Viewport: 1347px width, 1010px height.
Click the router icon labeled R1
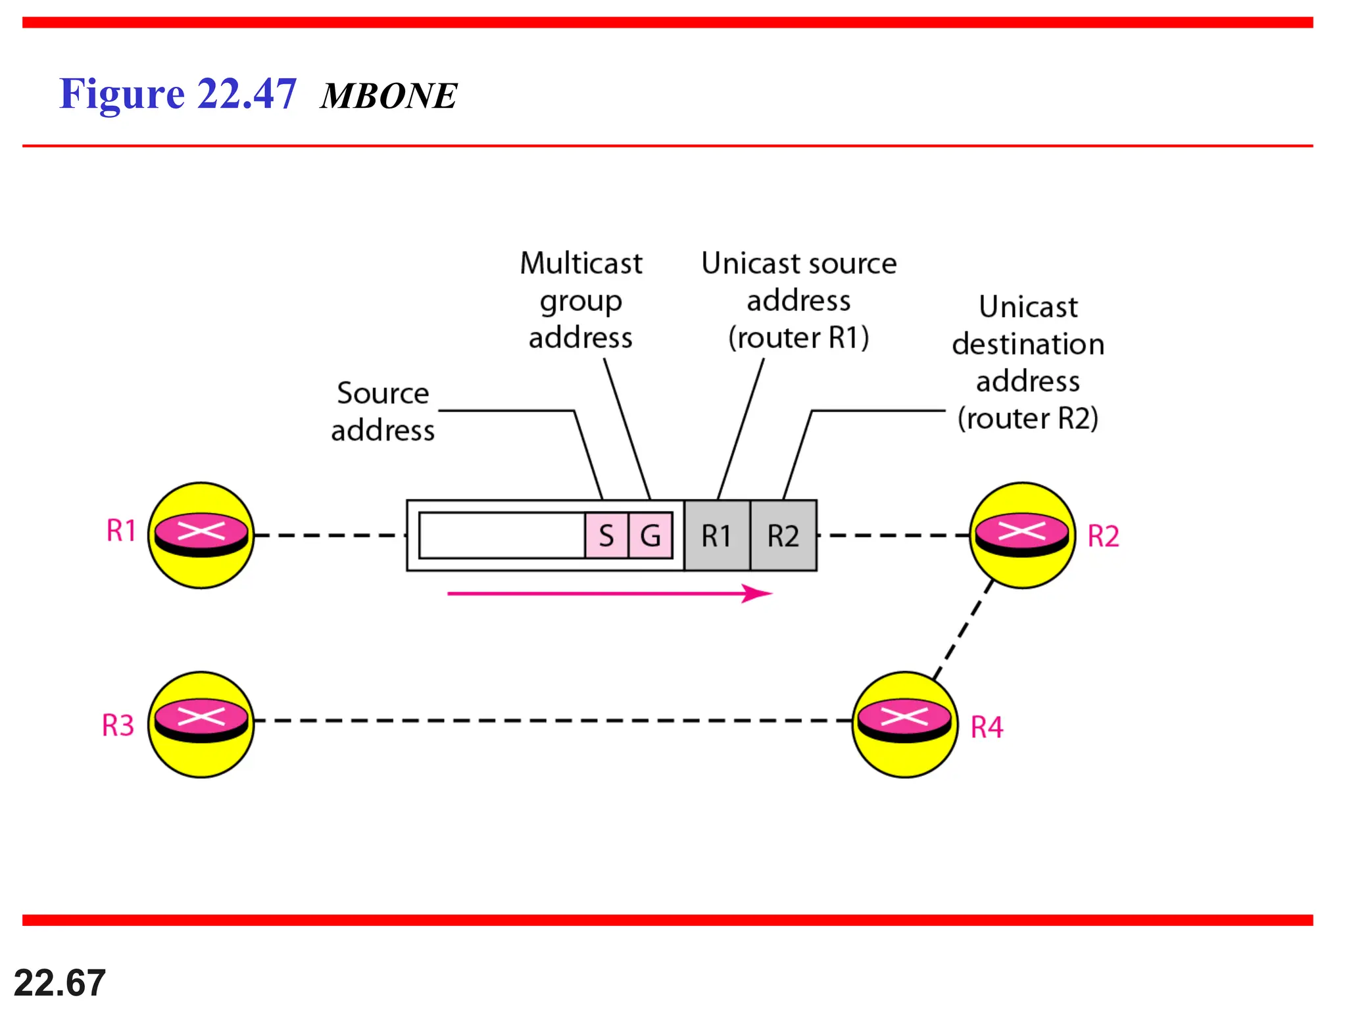point(201,535)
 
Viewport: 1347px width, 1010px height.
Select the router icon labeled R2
point(1022,535)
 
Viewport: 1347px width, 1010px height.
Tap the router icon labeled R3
point(201,724)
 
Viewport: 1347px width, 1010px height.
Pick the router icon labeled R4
point(904,724)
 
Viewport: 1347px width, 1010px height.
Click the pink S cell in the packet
point(606,535)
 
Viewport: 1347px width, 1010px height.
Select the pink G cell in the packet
point(650,535)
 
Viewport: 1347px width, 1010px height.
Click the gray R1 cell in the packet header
point(716,535)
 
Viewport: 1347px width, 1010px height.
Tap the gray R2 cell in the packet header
point(783,535)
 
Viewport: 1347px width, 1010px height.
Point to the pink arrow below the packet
point(608,593)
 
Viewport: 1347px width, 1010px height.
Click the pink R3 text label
point(118,725)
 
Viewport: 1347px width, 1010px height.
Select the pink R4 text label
point(987,727)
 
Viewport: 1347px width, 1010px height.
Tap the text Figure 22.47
point(178,94)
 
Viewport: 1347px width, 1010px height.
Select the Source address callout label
point(383,412)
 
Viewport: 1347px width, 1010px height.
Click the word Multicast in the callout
point(581,263)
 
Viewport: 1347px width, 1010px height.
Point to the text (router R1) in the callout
point(798,337)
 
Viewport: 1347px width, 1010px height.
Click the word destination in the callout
point(1027,344)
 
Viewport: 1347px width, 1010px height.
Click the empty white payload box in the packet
point(501,535)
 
